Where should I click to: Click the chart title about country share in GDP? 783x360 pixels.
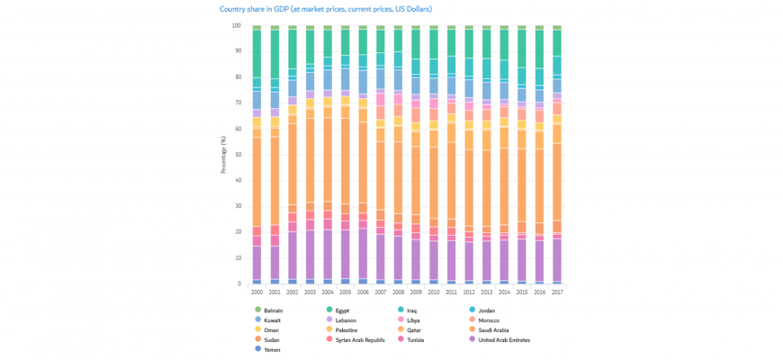326,9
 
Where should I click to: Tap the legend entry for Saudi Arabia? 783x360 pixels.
501,329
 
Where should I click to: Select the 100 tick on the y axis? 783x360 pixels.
237,25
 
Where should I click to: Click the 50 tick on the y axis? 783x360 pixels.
238,155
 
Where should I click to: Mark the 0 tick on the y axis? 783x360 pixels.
240,284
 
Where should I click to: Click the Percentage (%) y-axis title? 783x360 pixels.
222,155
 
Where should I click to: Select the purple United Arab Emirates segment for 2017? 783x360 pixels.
557,261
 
